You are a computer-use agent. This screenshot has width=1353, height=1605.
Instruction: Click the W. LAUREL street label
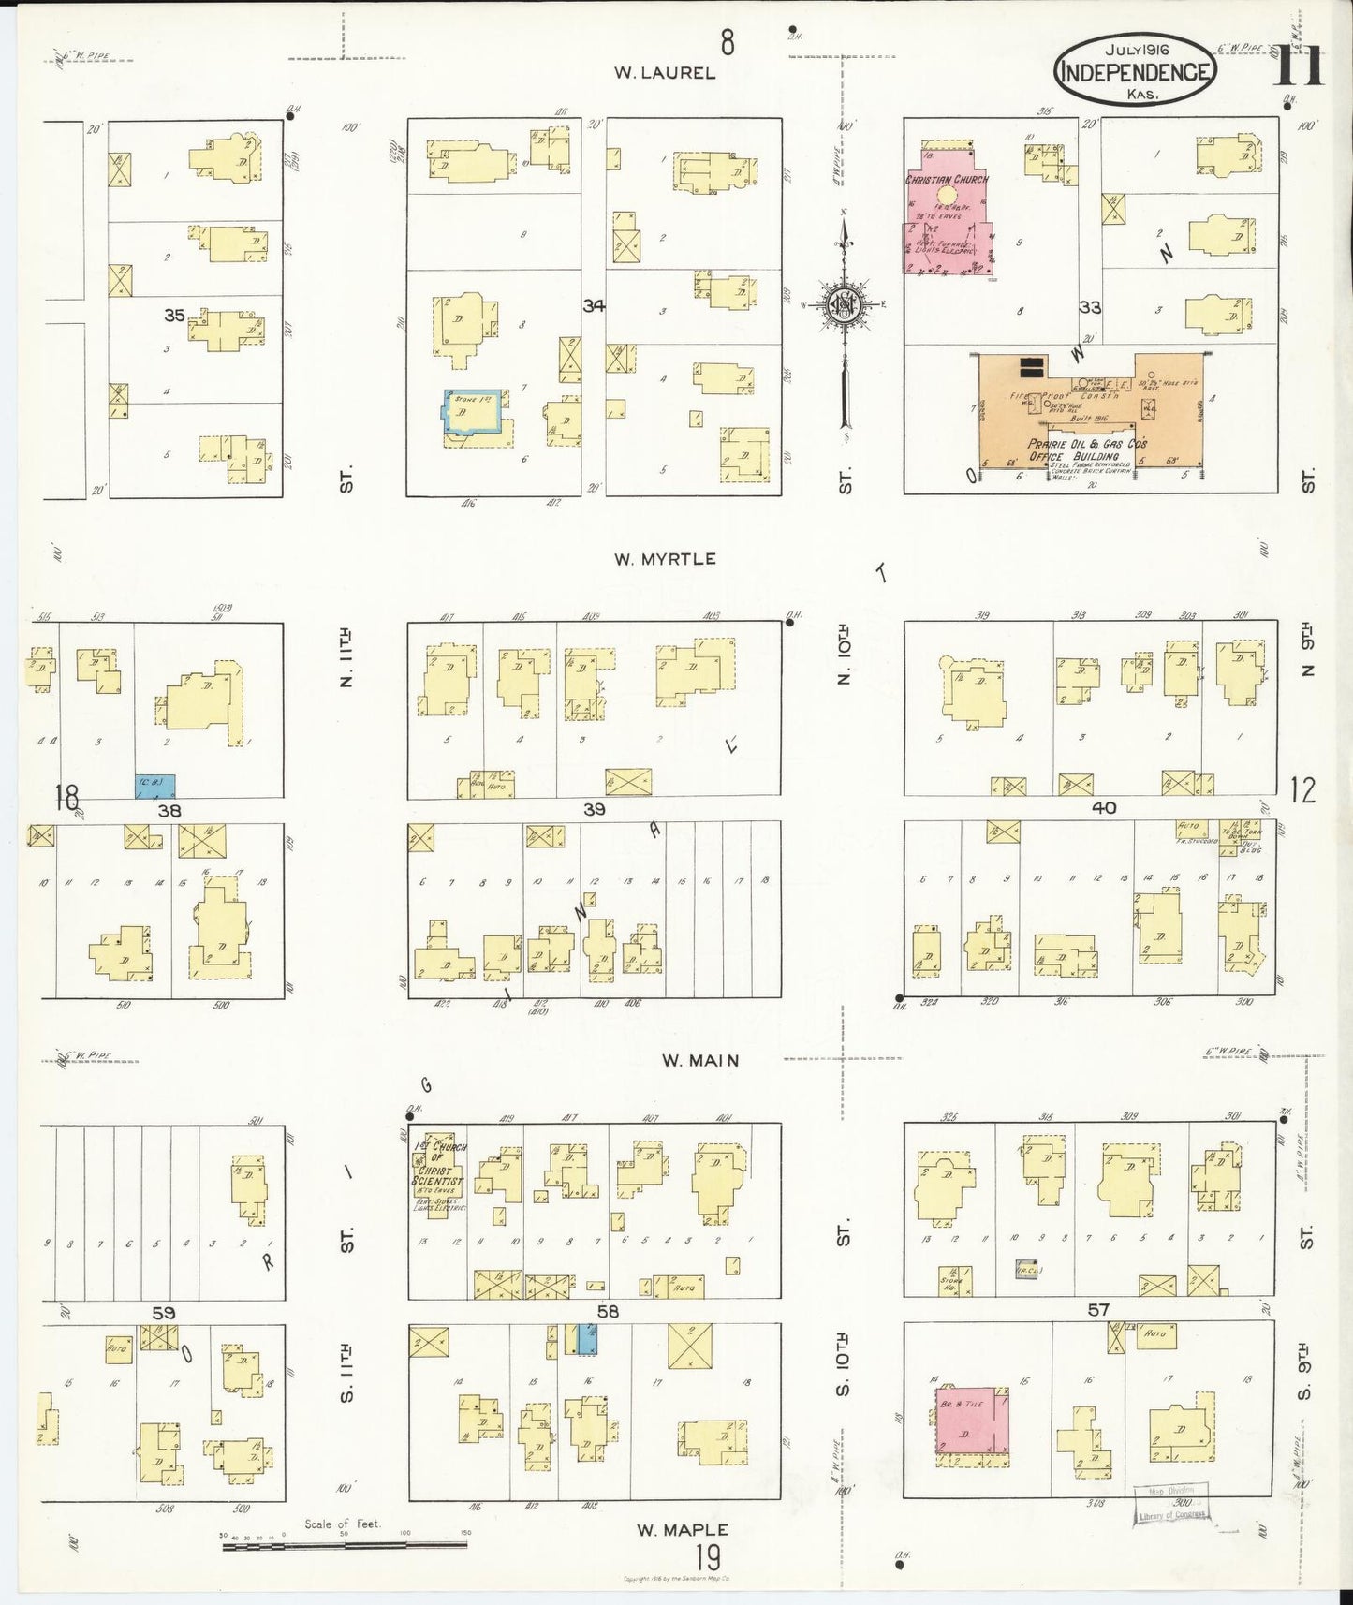(x=665, y=72)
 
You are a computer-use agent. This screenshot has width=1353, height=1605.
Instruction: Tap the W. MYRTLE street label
(x=665, y=559)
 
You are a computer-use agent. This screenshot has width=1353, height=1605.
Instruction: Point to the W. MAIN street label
(x=700, y=1060)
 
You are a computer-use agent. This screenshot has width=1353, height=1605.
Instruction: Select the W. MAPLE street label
(x=683, y=1529)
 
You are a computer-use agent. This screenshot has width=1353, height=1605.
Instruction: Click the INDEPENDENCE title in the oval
(x=1135, y=72)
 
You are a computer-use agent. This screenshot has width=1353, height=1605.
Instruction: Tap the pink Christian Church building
(x=946, y=211)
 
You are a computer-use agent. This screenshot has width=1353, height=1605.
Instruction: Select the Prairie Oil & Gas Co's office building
(x=1086, y=412)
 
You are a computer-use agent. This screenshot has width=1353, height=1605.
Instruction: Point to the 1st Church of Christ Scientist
(x=437, y=1171)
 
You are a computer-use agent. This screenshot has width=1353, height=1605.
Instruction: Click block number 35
(x=174, y=316)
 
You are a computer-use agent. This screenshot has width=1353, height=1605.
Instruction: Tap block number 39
(x=594, y=809)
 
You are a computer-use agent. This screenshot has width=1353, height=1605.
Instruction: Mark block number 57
(x=1097, y=1310)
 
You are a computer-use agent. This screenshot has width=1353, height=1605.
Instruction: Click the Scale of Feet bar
(x=345, y=1544)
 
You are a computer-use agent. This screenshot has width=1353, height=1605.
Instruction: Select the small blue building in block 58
(x=585, y=1338)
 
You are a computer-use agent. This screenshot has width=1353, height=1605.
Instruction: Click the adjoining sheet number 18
(x=66, y=797)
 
